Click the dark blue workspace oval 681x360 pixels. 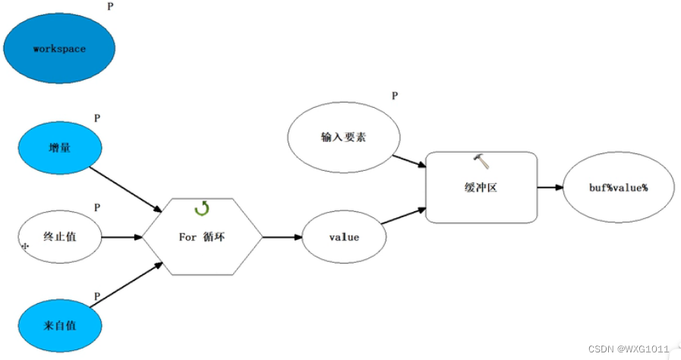(x=59, y=48)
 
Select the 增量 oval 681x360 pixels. (x=59, y=148)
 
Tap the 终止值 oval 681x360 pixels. (x=59, y=237)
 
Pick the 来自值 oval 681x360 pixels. (x=59, y=326)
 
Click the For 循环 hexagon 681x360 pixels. (x=203, y=237)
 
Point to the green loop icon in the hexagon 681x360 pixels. (x=202, y=208)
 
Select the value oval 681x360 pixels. (x=344, y=237)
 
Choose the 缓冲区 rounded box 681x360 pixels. (x=481, y=188)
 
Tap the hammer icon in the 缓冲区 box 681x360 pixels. (x=481, y=160)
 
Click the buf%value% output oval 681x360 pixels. (x=618, y=188)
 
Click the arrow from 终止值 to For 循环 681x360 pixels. (x=121, y=237)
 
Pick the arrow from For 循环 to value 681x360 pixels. (x=282, y=237)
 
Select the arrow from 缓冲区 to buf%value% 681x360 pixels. (x=550, y=187)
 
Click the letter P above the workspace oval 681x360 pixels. (x=110, y=6)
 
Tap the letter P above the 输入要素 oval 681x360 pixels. (x=395, y=96)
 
